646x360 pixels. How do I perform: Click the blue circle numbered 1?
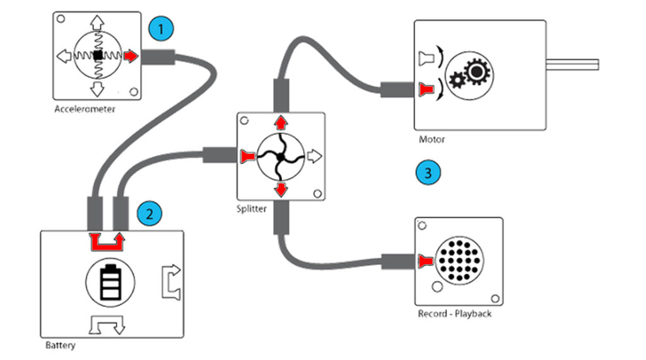pyautogui.click(x=161, y=29)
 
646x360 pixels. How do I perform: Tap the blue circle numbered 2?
pyautogui.click(x=149, y=213)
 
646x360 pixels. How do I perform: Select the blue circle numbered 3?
pyautogui.click(x=428, y=172)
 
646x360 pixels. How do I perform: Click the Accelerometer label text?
pyautogui.click(x=85, y=109)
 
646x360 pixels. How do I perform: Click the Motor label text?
pyautogui.click(x=432, y=139)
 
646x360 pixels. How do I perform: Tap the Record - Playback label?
pyautogui.click(x=454, y=313)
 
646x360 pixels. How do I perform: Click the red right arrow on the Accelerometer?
pyautogui.click(x=130, y=57)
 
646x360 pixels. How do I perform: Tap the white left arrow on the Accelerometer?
pyautogui.click(x=64, y=57)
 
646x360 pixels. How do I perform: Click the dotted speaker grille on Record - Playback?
pyautogui.click(x=459, y=259)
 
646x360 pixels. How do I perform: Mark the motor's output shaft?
pyautogui.click(x=572, y=64)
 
